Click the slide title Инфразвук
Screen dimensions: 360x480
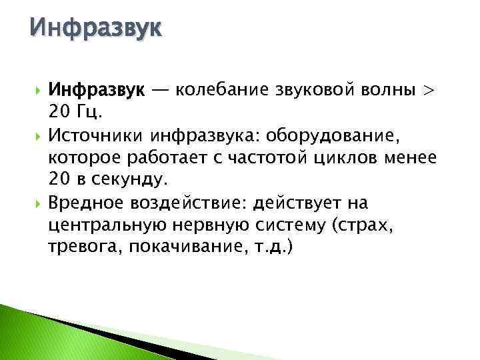click(95, 29)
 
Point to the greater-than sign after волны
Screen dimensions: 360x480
click(428, 91)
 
